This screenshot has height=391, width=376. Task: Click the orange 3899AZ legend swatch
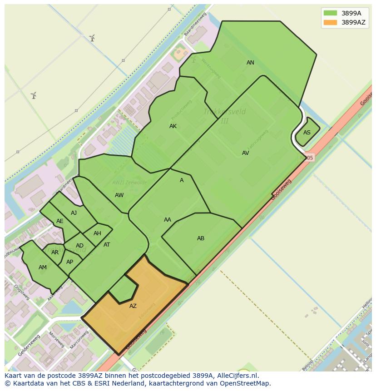tap(330, 22)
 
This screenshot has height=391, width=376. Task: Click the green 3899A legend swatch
tap(330, 13)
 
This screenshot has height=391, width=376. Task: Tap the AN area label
tap(250, 63)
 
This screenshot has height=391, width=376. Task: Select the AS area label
tap(307, 133)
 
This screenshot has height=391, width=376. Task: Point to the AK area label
tap(173, 126)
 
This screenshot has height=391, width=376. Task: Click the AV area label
tap(245, 153)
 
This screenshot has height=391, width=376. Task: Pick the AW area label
tap(119, 195)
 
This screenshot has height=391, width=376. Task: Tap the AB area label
tap(201, 238)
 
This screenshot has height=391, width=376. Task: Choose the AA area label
tap(168, 220)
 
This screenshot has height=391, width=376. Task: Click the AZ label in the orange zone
tap(133, 306)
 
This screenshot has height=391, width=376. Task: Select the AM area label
tap(43, 267)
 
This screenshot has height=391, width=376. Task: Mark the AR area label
tap(55, 252)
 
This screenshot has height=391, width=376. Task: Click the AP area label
tap(69, 262)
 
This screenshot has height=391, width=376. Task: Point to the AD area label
tap(79, 246)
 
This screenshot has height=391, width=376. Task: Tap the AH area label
tap(97, 233)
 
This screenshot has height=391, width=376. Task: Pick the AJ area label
tap(74, 213)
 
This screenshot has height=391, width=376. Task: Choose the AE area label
tap(60, 221)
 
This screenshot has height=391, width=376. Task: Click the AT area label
tap(107, 245)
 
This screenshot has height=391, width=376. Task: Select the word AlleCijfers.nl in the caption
tap(237, 376)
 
